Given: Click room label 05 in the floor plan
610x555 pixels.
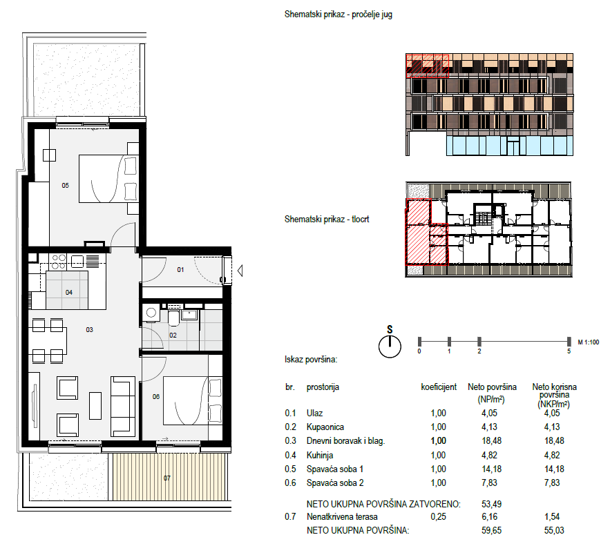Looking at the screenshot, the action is [x=66, y=186].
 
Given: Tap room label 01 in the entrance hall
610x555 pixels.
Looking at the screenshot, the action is [x=180, y=269].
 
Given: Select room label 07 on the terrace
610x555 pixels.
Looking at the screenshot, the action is [x=167, y=478].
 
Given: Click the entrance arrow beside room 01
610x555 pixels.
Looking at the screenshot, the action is [x=240, y=271].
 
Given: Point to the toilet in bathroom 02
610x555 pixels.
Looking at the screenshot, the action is [x=174, y=317].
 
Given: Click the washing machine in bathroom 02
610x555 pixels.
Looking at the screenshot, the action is [x=151, y=313].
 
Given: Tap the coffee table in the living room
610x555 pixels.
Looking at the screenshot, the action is [x=95, y=406].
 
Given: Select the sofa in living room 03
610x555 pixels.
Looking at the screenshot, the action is [x=123, y=406].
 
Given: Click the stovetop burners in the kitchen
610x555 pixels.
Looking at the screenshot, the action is [x=58, y=262].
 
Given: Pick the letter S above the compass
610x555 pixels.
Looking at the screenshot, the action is [x=390, y=329].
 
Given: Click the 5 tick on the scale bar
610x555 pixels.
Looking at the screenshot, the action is [x=569, y=342].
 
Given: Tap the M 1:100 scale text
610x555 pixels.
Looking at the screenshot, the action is [x=588, y=342].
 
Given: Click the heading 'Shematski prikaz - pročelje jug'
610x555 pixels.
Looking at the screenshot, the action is [x=339, y=14].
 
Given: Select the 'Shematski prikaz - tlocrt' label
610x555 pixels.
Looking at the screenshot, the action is [x=327, y=220].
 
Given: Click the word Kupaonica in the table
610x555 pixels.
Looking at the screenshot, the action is [x=325, y=427].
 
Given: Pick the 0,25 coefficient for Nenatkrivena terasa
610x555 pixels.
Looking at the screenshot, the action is [x=439, y=517].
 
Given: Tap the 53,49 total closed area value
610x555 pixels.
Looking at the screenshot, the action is [x=492, y=504].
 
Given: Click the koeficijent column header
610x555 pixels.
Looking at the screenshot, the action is [x=439, y=387].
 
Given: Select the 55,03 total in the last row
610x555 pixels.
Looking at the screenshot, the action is [x=554, y=530].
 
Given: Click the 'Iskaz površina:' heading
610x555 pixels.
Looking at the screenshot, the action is [x=311, y=360].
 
